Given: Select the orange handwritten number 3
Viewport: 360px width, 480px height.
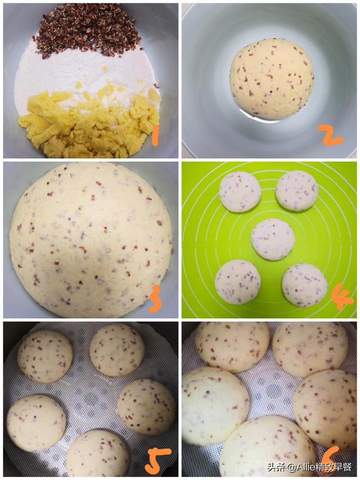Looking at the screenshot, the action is (155, 299).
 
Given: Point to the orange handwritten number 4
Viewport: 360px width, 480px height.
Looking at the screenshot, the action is (341, 297).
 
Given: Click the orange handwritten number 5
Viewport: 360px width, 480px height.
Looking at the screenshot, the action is (157, 460).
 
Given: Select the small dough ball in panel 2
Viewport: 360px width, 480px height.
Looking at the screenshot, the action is (272, 79).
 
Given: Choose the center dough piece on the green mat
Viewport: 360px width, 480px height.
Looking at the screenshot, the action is (273, 239).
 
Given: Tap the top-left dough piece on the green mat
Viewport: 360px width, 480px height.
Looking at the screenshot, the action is (240, 192).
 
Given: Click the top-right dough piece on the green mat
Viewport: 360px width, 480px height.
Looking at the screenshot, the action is (297, 191).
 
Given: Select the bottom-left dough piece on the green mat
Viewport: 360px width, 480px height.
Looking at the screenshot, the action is (238, 282).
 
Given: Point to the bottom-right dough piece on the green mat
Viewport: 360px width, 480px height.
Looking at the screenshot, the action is (304, 285).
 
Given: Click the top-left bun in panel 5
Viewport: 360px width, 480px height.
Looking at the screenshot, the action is (45, 356).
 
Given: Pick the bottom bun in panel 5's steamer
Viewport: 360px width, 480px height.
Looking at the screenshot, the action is (98, 453).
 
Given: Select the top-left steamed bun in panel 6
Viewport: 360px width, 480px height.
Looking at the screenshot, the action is (232, 347).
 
